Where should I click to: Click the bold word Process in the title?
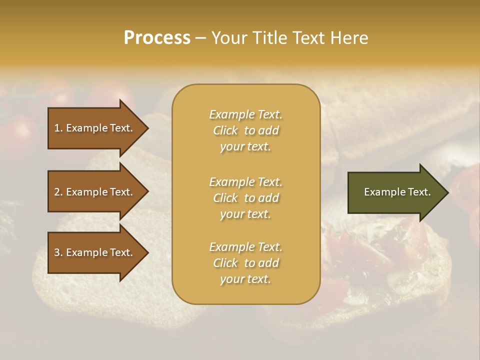click(157, 38)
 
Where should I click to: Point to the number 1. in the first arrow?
click(58, 128)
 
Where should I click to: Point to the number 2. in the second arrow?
click(58, 192)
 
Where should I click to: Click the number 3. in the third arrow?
click(58, 252)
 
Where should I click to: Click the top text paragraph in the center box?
click(245, 130)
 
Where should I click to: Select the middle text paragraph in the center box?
click(245, 198)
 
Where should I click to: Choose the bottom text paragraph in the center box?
click(245, 263)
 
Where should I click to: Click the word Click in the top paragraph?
click(225, 130)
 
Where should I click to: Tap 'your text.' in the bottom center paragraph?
click(245, 279)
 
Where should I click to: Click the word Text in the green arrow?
click(418, 192)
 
